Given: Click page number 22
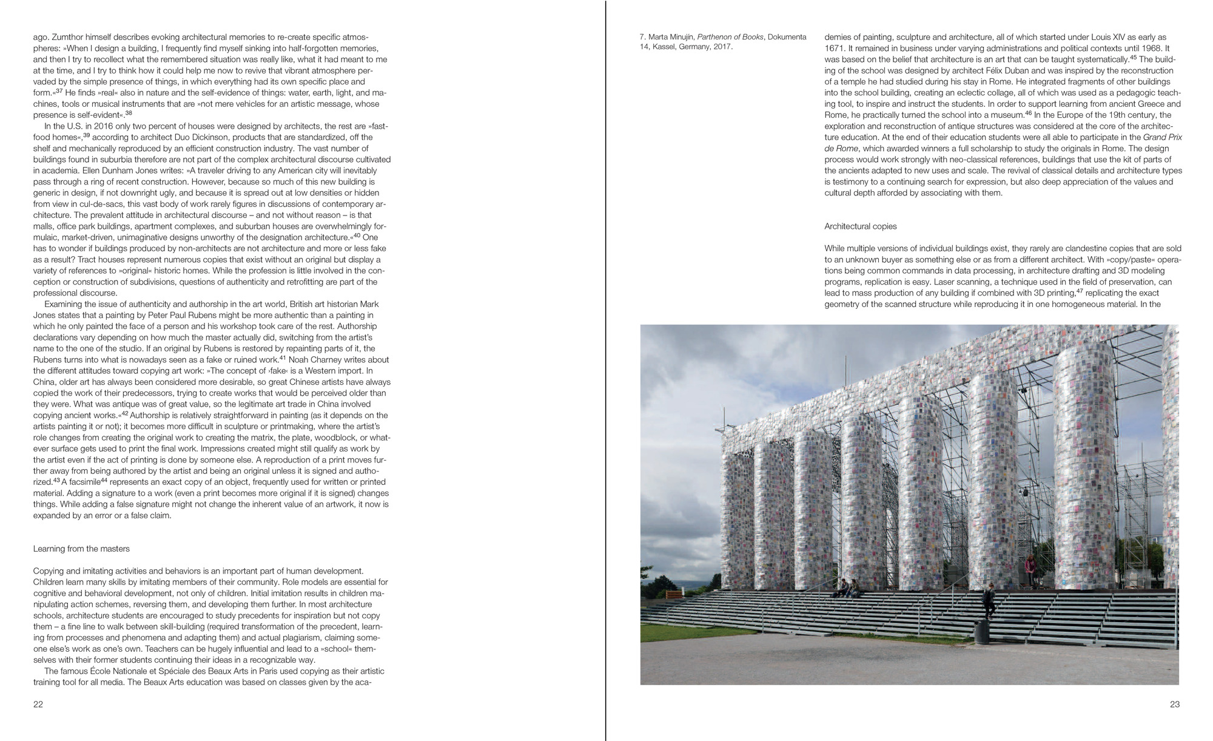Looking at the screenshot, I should point(38,705).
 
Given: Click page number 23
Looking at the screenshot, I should point(1174,705).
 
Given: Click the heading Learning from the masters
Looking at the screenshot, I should point(81,549).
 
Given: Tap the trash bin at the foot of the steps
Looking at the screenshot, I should point(981,634).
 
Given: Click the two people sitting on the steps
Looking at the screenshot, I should point(848,587).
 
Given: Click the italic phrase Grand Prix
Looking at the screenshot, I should point(1162,137).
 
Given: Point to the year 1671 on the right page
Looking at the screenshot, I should point(834,48).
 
